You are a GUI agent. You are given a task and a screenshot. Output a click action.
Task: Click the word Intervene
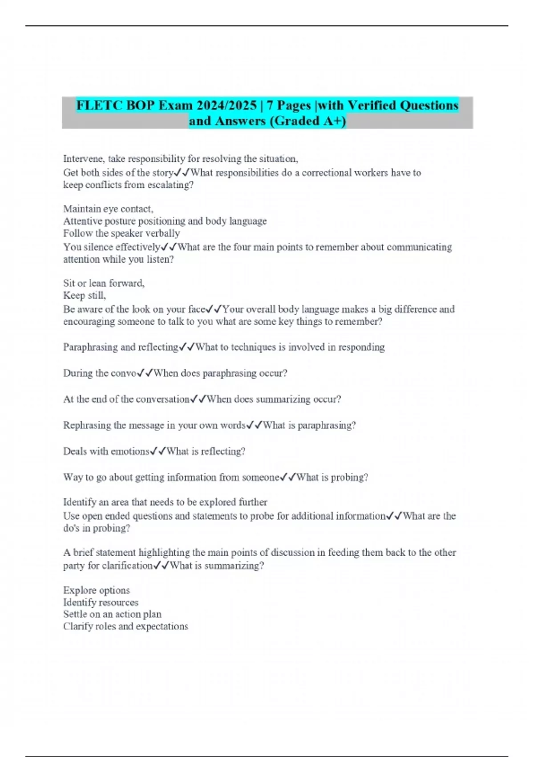[x=84, y=159]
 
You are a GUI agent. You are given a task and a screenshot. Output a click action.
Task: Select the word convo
[x=123, y=373]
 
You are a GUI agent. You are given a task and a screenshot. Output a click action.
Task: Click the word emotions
[x=130, y=452]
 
